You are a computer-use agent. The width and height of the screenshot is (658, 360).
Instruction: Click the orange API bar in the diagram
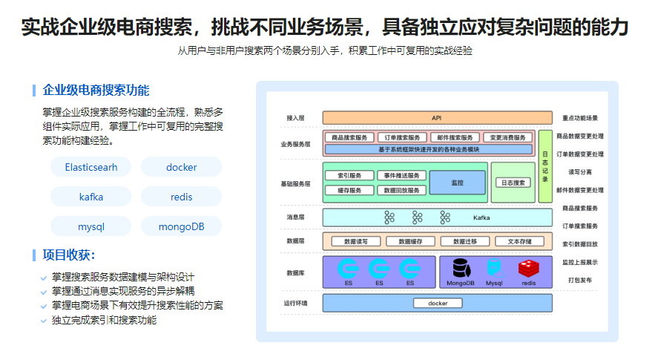(x=437, y=118)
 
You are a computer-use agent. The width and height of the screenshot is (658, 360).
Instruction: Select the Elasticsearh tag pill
(x=91, y=167)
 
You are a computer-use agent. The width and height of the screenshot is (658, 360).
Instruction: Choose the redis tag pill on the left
(x=181, y=197)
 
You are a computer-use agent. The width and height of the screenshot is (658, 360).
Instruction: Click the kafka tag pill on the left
(x=91, y=197)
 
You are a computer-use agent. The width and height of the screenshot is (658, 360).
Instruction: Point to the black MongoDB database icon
(x=461, y=268)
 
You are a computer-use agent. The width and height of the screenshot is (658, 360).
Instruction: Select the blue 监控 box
(x=457, y=183)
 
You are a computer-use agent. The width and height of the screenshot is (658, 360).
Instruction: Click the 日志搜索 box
(x=513, y=183)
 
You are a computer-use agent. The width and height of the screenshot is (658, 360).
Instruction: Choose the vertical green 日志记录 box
(x=545, y=170)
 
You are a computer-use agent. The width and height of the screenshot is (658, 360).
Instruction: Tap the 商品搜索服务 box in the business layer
(x=349, y=137)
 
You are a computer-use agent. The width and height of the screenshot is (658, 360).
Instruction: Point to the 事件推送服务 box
(x=401, y=176)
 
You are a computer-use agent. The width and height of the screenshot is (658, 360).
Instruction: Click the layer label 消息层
(x=295, y=217)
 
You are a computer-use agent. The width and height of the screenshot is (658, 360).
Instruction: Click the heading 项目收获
(x=68, y=255)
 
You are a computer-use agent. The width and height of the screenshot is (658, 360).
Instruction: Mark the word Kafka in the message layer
(x=482, y=217)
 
